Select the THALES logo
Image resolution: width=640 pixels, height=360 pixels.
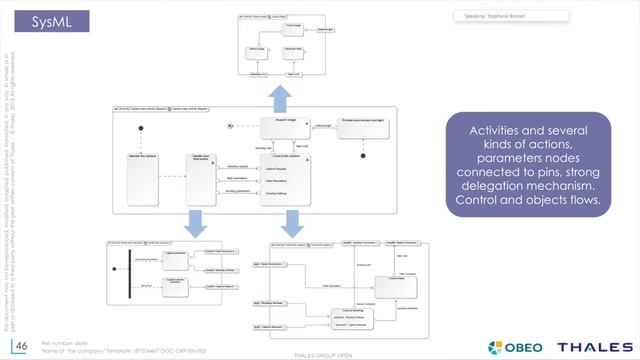(x=594, y=346)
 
